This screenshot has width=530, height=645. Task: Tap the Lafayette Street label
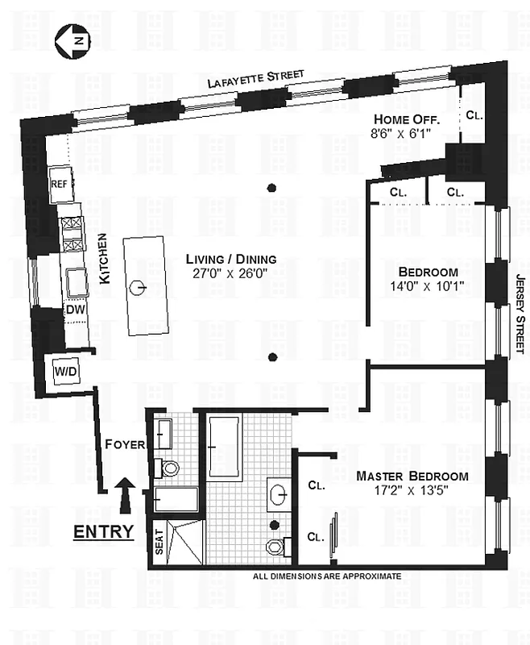click(255, 78)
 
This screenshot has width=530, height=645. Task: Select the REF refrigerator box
click(60, 184)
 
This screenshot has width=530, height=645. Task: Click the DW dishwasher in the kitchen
click(74, 310)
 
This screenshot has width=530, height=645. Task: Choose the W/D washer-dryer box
click(65, 372)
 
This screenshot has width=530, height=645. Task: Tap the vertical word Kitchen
click(103, 259)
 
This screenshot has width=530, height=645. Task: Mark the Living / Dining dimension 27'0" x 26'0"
click(231, 273)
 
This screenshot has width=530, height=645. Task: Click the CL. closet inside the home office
click(474, 115)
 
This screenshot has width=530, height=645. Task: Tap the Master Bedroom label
click(412, 476)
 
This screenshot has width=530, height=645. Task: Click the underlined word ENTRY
click(103, 533)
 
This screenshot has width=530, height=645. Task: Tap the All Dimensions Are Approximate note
click(326, 576)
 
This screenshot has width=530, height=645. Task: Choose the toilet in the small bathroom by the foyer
click(170, 468)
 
